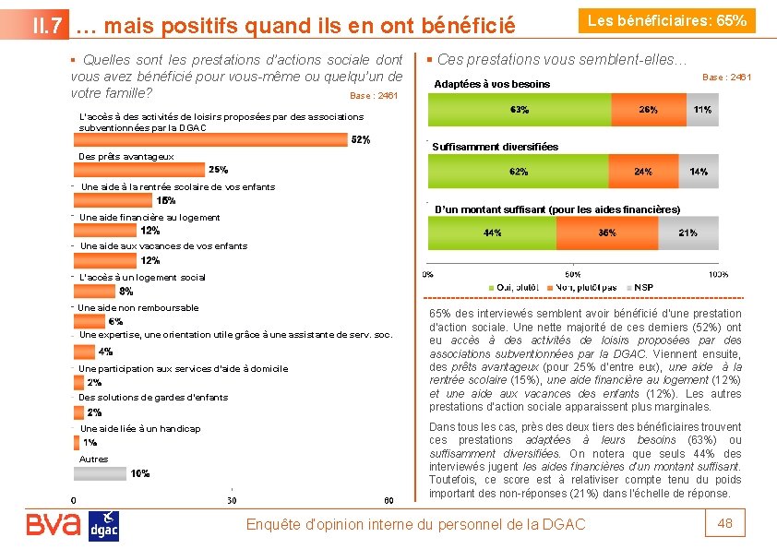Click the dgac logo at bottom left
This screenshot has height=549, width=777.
103,526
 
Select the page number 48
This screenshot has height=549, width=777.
725,524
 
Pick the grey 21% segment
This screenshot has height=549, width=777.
687,233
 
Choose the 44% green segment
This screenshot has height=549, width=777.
492,233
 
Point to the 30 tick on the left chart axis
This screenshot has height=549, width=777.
232,500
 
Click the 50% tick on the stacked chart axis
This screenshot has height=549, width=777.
572,275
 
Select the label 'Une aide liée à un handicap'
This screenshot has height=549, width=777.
140,429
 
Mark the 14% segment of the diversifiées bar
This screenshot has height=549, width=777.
699,172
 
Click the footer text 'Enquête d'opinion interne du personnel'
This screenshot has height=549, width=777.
415,524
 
